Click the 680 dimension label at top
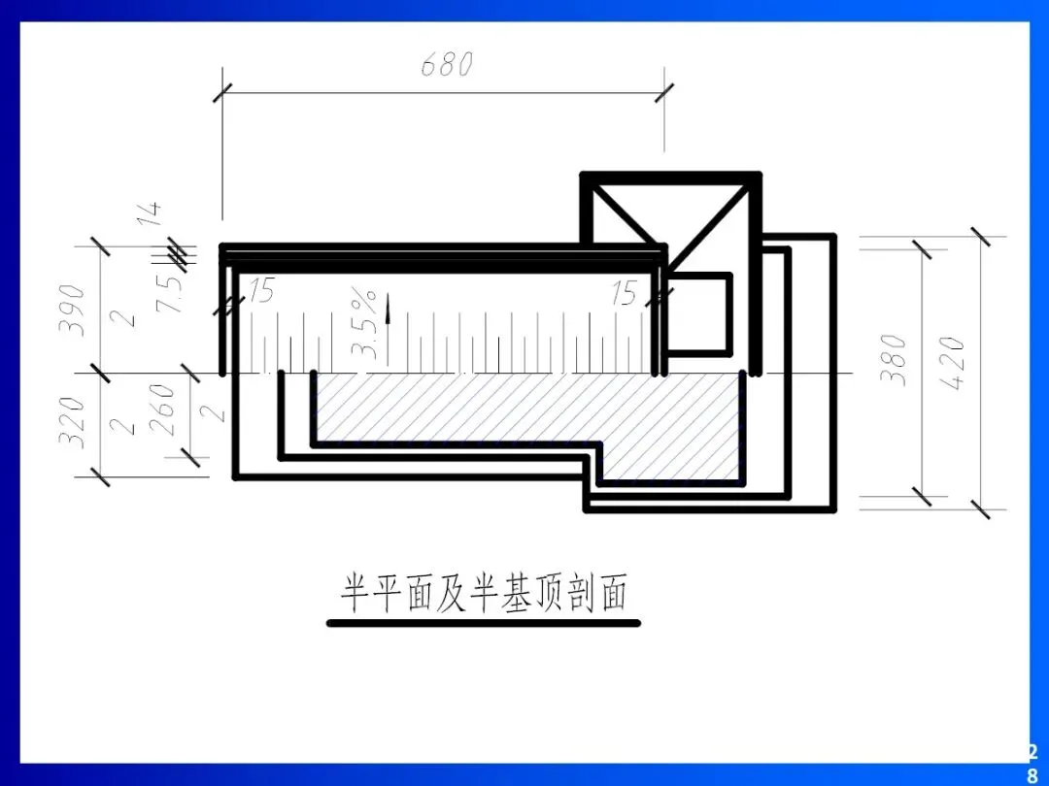[447, 66]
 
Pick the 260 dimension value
[162, 408]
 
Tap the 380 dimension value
[895, 359]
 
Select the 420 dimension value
[953, 363]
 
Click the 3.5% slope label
[364, 321]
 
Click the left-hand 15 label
[261, 290]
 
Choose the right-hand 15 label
[625, 293]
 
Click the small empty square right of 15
[699, 312]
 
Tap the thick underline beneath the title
[484, 623]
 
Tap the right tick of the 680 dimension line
[664, 93]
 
